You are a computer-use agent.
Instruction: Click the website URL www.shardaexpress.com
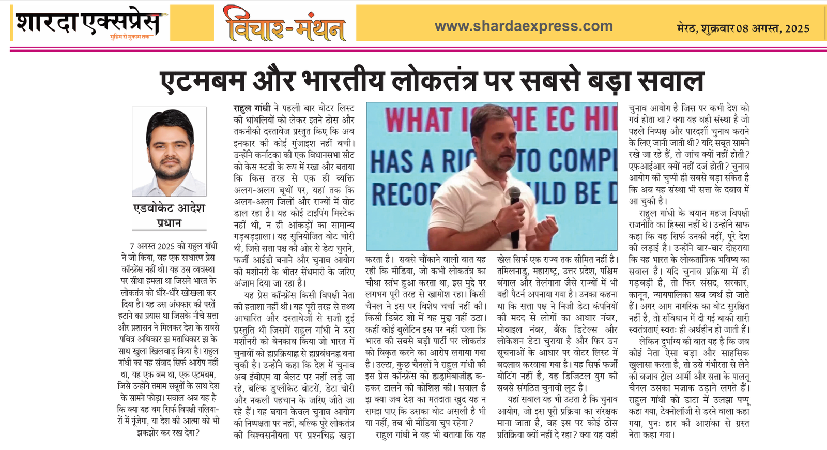[524, 26]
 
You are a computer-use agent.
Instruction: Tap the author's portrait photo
[169, 151]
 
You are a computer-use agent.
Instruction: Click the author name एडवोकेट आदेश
[169, 208]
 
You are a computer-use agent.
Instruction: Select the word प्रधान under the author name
[169, 223]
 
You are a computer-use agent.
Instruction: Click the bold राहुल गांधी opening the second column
[252, 108]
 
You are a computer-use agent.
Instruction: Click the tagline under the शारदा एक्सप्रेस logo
[130, 37]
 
